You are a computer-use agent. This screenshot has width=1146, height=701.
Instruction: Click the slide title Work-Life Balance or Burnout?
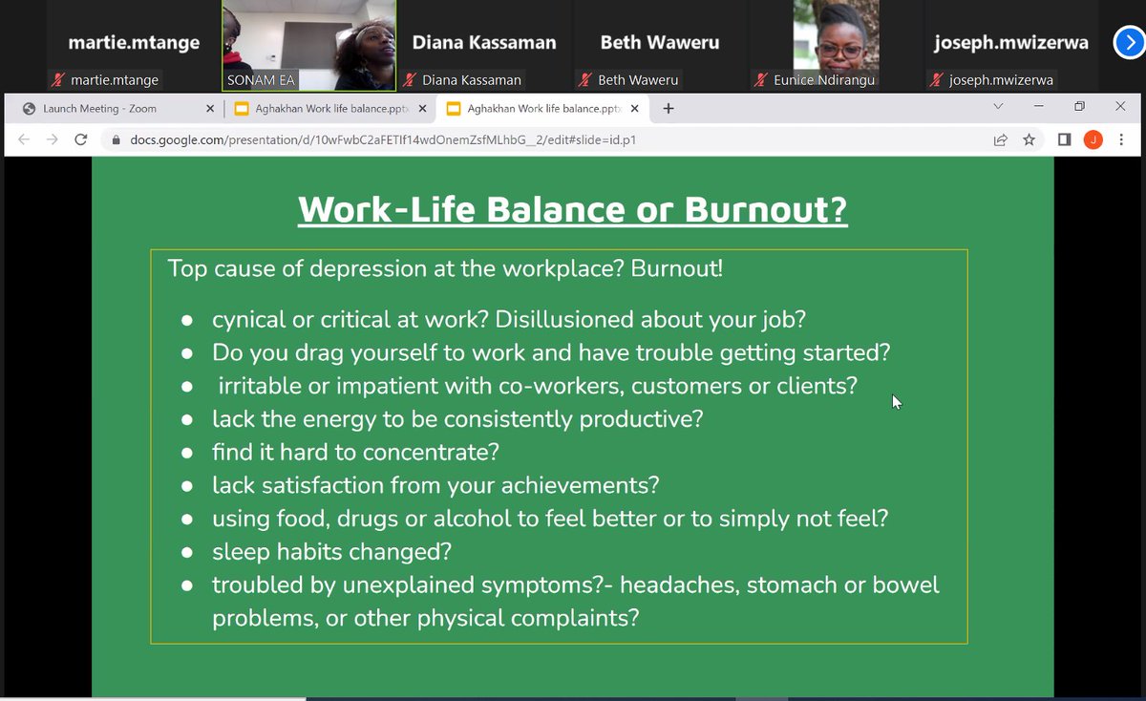[572, 209]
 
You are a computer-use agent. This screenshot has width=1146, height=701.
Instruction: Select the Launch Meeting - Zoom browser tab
[99, 109]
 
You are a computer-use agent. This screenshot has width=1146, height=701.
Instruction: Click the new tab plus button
[668, 108]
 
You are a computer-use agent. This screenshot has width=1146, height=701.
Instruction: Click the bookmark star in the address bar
[1029, 140]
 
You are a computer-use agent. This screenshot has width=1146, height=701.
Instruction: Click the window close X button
[1119, 107]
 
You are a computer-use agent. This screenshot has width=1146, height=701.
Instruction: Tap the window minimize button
[1038, 107]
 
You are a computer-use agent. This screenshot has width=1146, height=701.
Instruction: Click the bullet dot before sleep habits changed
[189, 553]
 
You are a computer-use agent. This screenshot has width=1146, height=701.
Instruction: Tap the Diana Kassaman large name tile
[483, 43]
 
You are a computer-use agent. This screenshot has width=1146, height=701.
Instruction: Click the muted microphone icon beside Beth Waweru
[587, 80]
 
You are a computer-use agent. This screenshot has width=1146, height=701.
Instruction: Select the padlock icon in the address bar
[116, 140]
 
